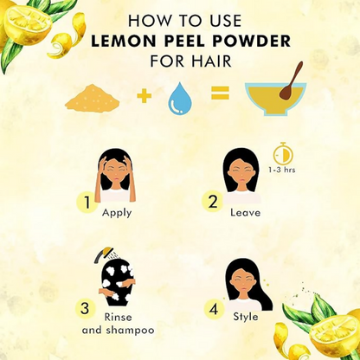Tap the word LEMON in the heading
coord(123,42)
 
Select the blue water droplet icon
coord(181,99)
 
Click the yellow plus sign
coord(145,95)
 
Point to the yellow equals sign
coord(221,93)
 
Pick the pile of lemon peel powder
coord(93,98)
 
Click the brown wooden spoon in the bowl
coord(291,81)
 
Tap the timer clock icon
coord(283,153)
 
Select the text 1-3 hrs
coord(282,170)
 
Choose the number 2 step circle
coord(213,202)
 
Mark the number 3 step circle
coord(85,308)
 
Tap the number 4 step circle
coord(214,310)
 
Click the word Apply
coord(117,214)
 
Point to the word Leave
coord(245,213)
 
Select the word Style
coord(246,317)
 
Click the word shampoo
coord(130,331)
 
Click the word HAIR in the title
coord(211,61)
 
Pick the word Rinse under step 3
coord(118,318)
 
